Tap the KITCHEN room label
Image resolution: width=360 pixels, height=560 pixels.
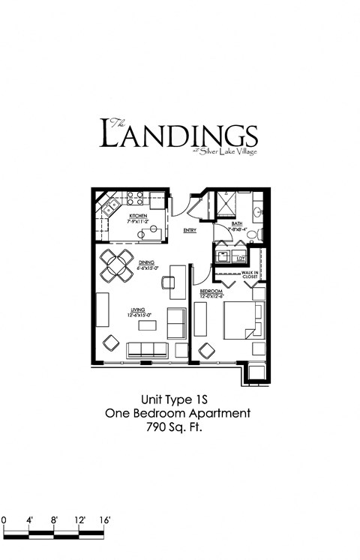(137, 216)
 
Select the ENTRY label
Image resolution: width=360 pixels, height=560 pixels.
(190, 230)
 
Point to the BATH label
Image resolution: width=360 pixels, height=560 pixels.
(237, 223)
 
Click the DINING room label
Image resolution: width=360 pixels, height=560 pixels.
(146, 262)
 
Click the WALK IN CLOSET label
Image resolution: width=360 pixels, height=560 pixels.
(250, 274)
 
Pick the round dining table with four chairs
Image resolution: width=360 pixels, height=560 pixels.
(117, 264)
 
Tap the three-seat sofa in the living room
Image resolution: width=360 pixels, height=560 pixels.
(147, 349)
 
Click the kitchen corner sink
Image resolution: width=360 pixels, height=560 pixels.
(107, 205)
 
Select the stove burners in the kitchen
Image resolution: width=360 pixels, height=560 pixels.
(135, 199)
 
